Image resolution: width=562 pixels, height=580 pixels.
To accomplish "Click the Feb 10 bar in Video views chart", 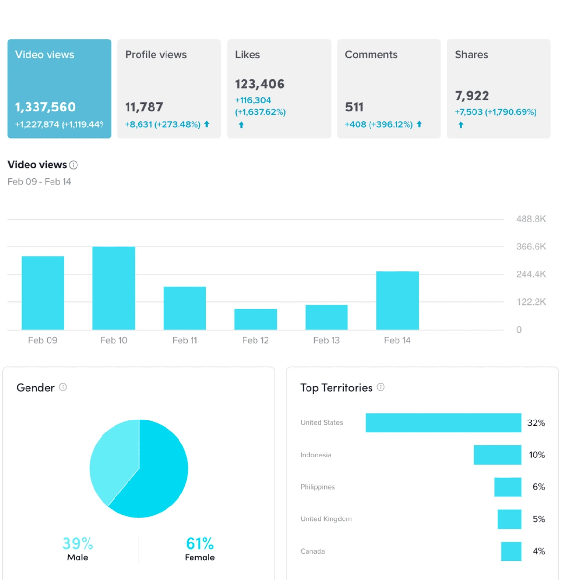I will tap(114, 288).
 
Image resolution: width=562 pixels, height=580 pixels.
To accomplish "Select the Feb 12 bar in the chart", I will tap(255, 319).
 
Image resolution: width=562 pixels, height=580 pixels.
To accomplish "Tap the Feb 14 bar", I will tap(397, 300).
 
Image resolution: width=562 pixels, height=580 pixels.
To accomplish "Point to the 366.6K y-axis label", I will tap(531, 247).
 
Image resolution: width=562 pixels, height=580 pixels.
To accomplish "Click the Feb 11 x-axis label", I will tap(185, 340).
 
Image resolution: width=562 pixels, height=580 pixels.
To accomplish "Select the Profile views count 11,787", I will tap(144, 107).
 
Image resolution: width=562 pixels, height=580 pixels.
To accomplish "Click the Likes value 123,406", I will tap(260, 85).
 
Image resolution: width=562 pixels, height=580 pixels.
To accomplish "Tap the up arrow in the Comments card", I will tap(419, 124).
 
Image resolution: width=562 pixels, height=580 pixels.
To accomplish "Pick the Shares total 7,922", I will tap(472, 96).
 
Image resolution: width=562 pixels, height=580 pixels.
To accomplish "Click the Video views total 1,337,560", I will tap(45, 107).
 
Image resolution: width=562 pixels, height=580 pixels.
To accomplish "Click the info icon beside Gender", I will tap(63, 387).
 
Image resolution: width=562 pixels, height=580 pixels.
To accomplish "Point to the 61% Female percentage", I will tap(200, 543).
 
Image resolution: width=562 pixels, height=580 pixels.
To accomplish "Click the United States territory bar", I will tap(443, 423).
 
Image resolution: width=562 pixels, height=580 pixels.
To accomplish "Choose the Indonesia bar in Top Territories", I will tap(497, 455).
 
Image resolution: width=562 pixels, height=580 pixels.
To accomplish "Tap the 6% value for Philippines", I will tap(538, 487).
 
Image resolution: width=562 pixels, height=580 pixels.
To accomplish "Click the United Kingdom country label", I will tap(326, 519).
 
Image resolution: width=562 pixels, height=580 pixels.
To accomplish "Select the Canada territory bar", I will tap(511, 551).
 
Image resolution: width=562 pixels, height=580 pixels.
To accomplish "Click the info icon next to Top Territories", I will tap(381, 387).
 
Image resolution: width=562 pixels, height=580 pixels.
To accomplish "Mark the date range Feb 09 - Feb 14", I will tap(39, 182).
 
